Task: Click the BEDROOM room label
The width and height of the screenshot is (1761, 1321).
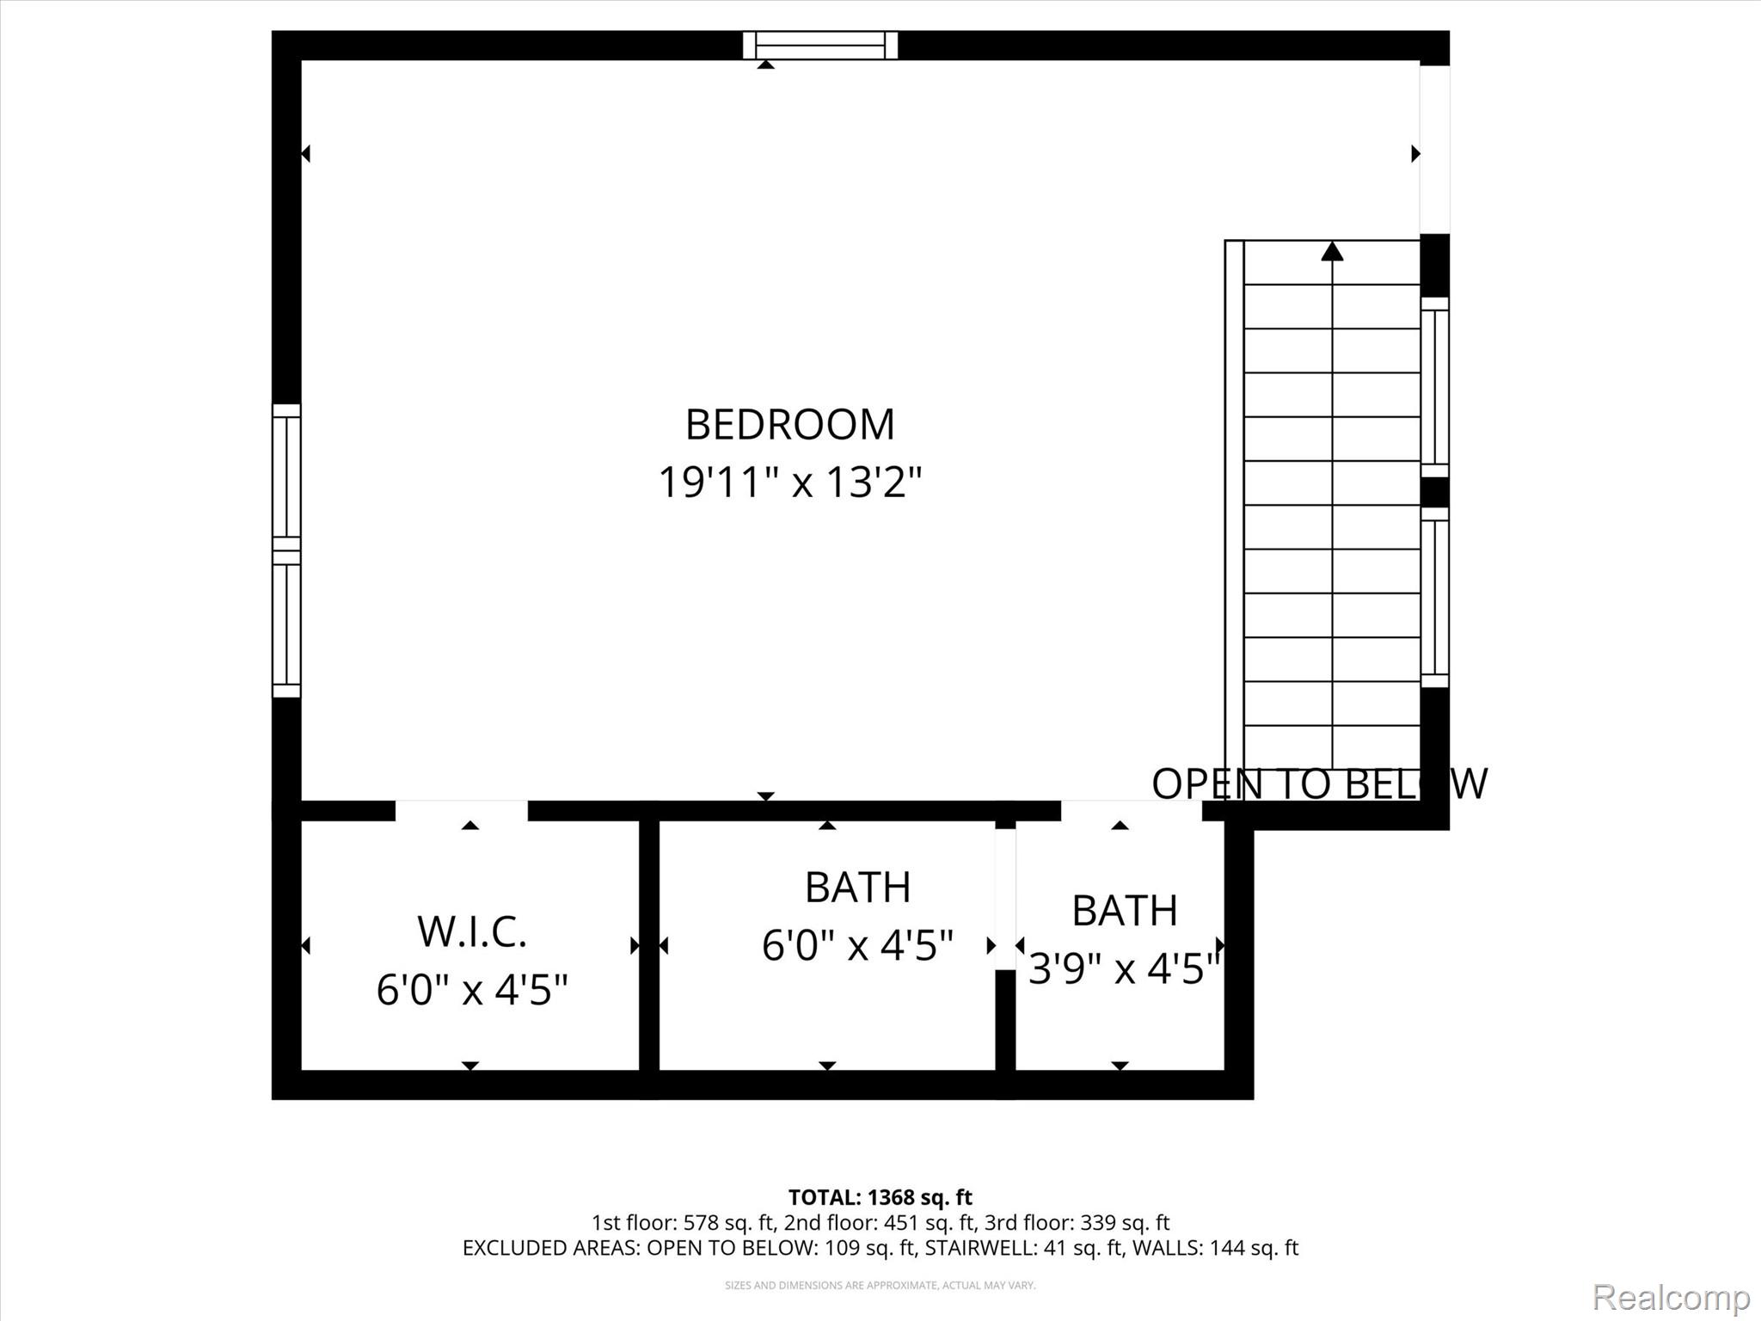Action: pos(789,425)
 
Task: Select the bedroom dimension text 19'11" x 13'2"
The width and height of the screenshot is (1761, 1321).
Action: pos(789,482)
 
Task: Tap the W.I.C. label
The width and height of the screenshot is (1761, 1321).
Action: pos(472,932)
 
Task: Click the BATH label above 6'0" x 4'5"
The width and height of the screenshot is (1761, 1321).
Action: pos(857,888)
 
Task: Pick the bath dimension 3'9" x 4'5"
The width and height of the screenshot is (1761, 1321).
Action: pos(1124,969)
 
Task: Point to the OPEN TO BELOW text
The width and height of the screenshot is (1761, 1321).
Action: pos(1318,783)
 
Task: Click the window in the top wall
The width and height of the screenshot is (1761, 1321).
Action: pos(820,45)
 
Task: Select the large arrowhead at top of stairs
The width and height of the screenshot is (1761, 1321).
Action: pos(1332,251)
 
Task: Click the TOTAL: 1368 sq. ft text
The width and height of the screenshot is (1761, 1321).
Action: pos(880,1197)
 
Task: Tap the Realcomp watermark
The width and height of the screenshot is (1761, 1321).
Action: pos(1671,1296)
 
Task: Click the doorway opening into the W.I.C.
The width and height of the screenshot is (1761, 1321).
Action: pos(462,810)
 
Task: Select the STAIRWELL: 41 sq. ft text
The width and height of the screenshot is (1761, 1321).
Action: pos(1024,1248)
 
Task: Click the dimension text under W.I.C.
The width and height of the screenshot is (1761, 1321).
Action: pos(472,990)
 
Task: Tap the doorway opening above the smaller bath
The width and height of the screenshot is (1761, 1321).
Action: pos(1131,810)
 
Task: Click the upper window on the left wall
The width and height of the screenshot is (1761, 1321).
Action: pos(286,471)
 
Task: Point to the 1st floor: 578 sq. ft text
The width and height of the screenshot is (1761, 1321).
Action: pos(683,1223)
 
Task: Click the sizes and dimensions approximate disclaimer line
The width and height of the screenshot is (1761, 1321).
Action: pos(880,1286)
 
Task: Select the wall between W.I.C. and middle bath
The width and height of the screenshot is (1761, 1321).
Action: pos(649,946)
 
